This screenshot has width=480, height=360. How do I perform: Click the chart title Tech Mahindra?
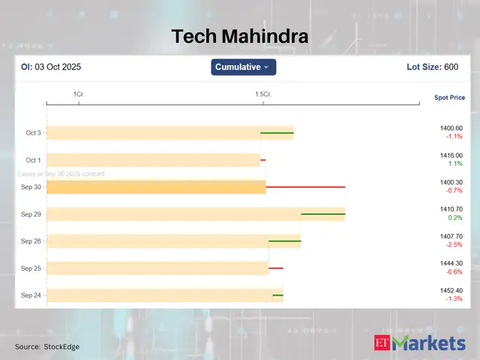click(x=239, y=36)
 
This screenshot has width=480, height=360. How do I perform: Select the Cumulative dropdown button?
click(x=244, y=67)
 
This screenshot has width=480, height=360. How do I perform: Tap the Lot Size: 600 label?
click(x=431, y=67)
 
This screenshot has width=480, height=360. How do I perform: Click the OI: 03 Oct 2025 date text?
click(x=50, y=67)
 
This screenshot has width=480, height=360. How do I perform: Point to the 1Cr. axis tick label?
click(x=78, y=94)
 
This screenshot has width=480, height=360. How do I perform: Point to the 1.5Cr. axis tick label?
click(x=262, y=94)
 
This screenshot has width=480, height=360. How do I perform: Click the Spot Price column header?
click(x=449, y=97)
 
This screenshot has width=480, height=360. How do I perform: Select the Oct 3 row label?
click(x=34, y=133)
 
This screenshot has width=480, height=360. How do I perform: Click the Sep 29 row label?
click(x=31, y=214)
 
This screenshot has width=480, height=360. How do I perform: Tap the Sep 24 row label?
click(x=31, y=295)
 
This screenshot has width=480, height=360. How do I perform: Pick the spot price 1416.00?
click(x=451, y=155)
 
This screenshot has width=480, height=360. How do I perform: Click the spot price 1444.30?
click(x=451, y=264)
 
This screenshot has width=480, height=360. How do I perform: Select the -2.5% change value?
click(x=454, y=244)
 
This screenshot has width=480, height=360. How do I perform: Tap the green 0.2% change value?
click(x=454, y=217)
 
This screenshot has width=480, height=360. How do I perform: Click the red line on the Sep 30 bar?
click(x=305, y=187)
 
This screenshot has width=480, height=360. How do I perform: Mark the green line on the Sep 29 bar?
click(x=323, y=214)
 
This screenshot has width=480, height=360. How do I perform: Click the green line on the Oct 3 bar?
click(x=277, y=133)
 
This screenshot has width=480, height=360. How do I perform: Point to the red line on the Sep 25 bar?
click(x=276, y=268)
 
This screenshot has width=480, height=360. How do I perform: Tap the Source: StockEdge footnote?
click(x=47, y=346)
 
